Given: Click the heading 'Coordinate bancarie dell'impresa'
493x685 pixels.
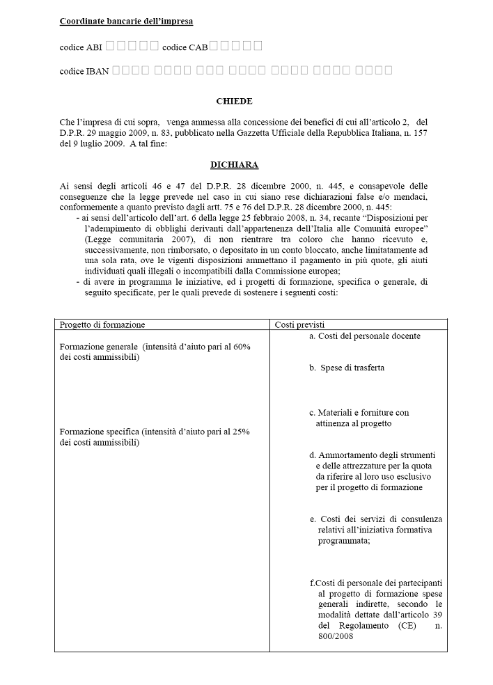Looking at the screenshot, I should click(x=126, y=22).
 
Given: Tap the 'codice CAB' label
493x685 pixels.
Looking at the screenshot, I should click(x=185, y=47).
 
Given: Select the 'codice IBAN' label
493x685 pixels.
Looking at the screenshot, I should click(x=84, y=71).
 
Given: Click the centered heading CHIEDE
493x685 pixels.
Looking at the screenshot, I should click(x=234, y=101).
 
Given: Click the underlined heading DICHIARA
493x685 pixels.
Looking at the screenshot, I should click(x=234, y=165).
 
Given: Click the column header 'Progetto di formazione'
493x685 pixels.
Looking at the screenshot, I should click(x=102, y=324).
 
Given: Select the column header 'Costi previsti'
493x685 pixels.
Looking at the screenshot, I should click(x=300, y=324).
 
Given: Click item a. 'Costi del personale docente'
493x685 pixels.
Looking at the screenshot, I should click(x=364, y=336).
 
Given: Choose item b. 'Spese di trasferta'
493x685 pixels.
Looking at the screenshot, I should click(x=347, y=368).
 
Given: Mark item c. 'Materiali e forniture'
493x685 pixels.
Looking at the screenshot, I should click(x=359, y=413).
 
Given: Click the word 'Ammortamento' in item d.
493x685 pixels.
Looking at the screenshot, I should click(x=349, y=455).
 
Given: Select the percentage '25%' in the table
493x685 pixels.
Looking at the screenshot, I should click(x=242, y=432).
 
